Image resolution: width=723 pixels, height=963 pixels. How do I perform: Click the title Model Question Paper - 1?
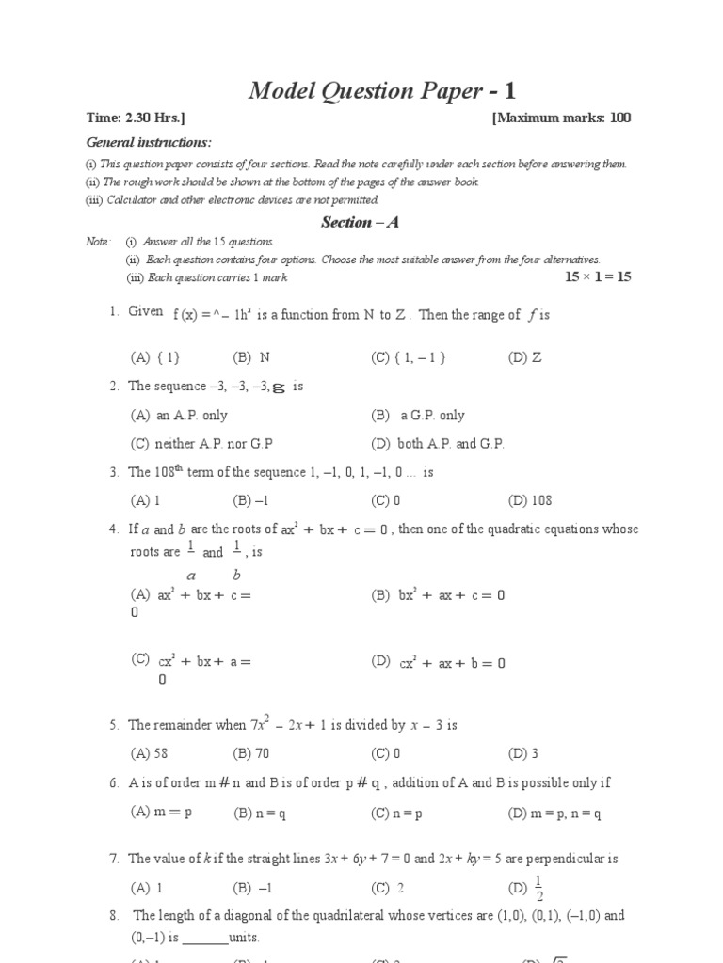[x=382, y=91]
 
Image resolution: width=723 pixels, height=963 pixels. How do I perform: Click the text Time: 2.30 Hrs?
[x=136, y=118]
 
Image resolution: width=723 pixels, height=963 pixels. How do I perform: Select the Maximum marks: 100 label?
[x=561, y=118]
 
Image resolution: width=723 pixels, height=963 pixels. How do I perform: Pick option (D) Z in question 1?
[x=524, y=357]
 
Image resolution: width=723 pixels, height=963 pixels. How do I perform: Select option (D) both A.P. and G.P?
[x=438, y=444]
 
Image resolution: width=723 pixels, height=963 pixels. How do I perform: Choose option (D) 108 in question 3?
[x=530, y=500]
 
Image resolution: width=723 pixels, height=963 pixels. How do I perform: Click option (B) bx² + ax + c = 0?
[x=439, y=595]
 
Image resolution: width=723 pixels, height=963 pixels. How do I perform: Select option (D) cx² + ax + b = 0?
[x=439, y=662]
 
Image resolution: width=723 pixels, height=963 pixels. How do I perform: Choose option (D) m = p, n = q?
[x=554, y=813]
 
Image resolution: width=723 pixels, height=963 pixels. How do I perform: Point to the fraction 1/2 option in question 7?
[x=538, y=887]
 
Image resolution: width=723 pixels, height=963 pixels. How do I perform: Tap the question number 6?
[x=113, y=782]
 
